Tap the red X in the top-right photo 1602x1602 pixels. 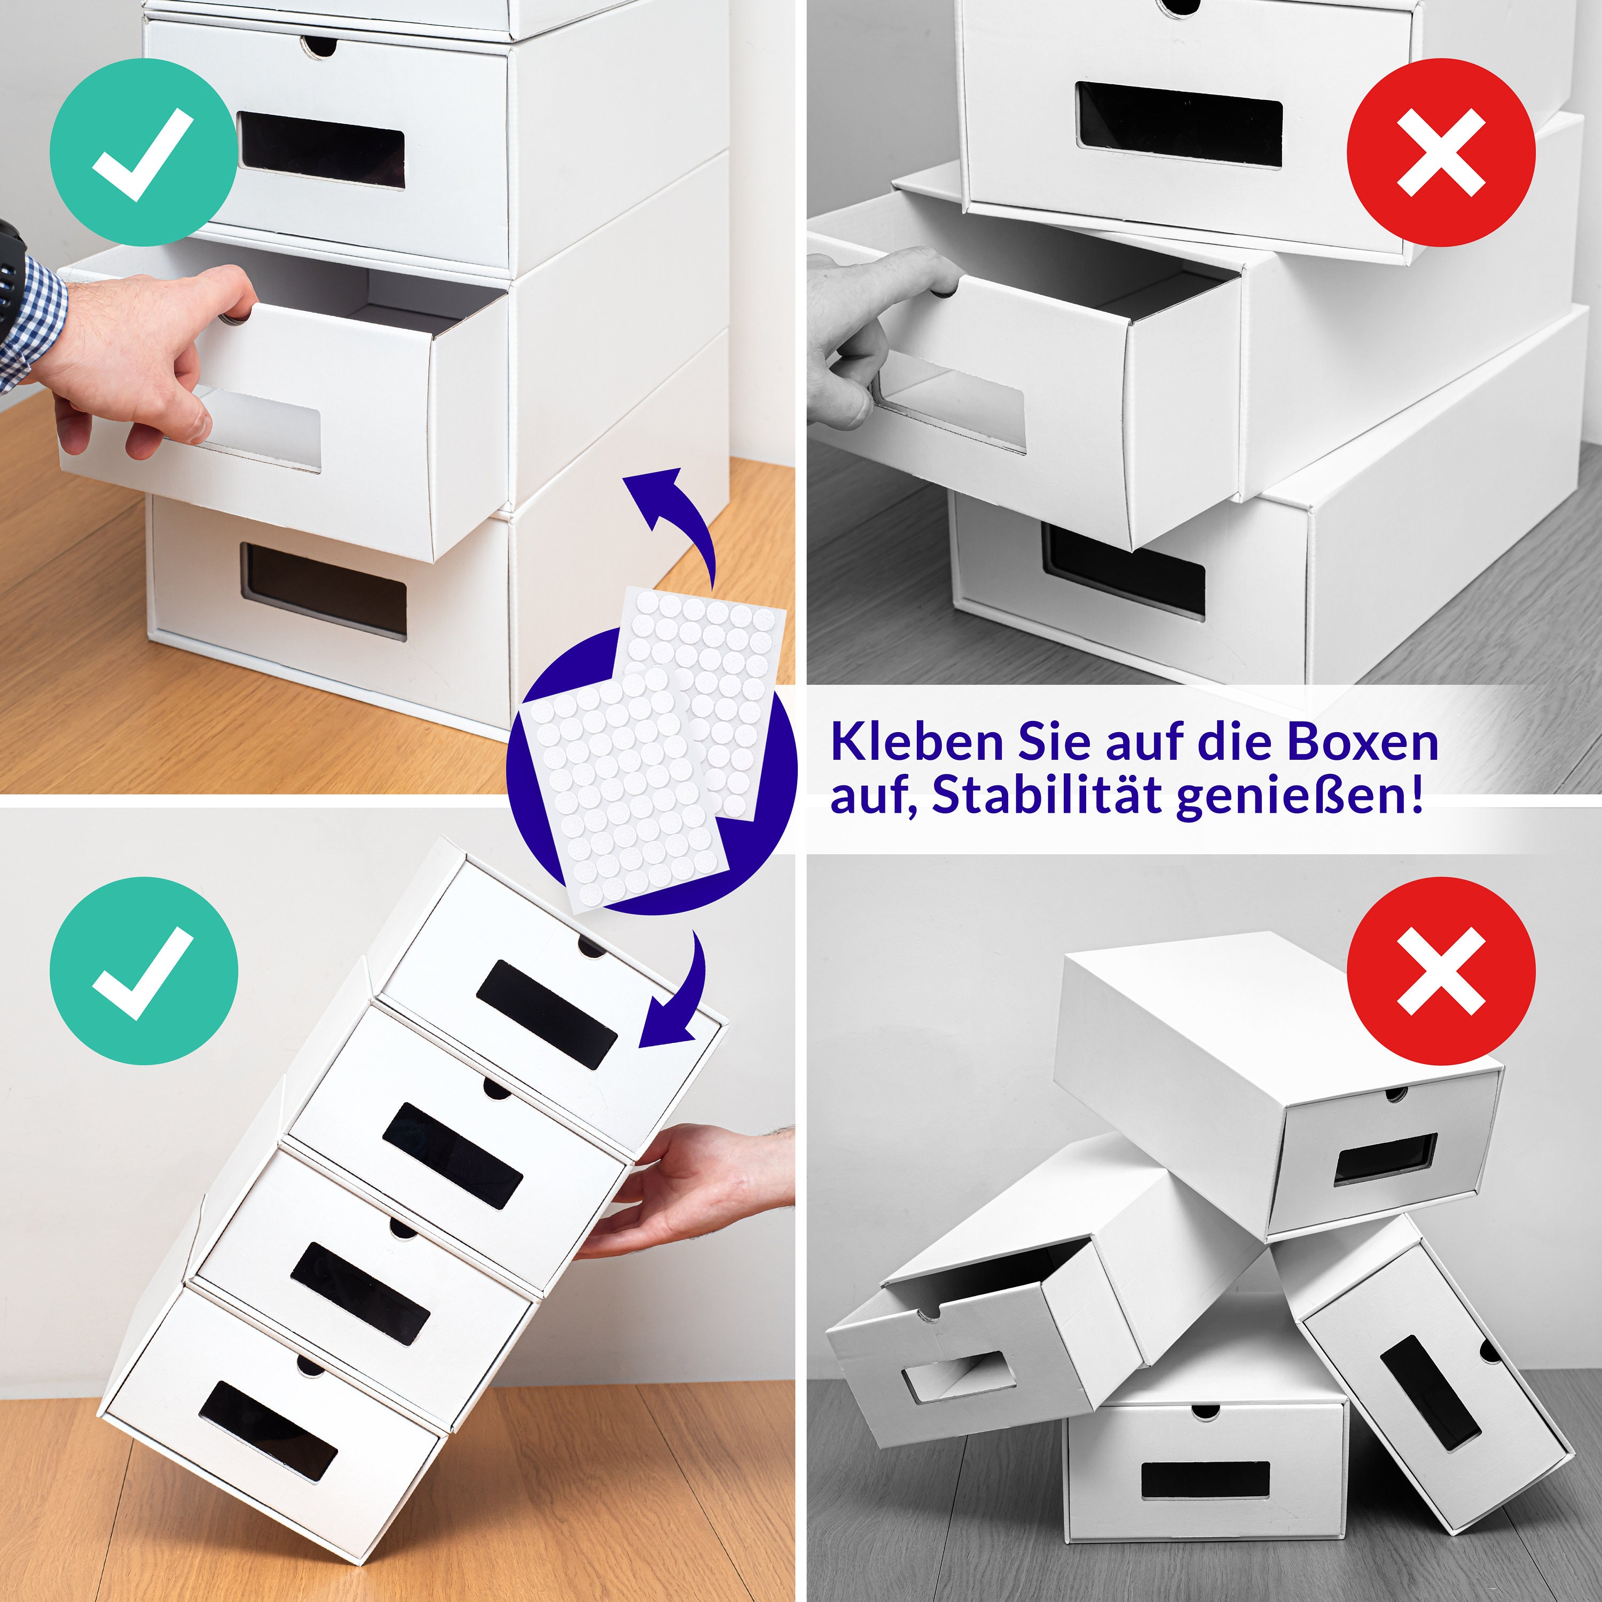(x=1440, y=153)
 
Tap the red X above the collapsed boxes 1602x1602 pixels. (x=1440, y=971)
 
